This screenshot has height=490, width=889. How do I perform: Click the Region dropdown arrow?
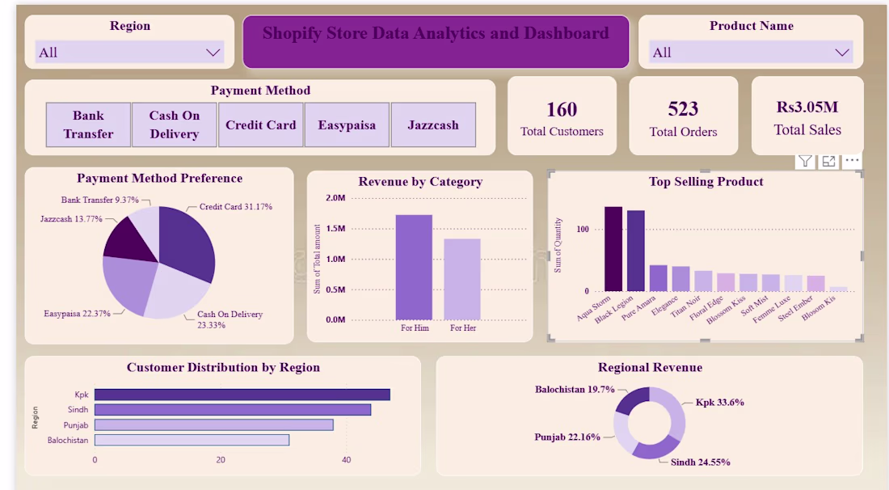pos(213,53)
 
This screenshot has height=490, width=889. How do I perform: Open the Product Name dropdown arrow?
pos(842,53)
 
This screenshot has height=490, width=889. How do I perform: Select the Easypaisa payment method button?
pos(347,125)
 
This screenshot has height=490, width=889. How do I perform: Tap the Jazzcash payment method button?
pos(433,125)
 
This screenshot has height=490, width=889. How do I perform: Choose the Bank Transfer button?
pos(88,125)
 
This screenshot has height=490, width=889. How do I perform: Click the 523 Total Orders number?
pos(683,108)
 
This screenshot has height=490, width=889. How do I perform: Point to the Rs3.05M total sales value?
pos(807,108)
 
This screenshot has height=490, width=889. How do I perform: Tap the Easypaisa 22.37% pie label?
pos(77,314)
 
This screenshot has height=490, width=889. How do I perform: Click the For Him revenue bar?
pos(414,267)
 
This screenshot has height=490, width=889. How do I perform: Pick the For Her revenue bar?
pos(462,279)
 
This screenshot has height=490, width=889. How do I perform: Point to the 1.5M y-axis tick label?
pos(335,229)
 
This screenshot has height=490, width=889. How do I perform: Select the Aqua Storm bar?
pos(613,249)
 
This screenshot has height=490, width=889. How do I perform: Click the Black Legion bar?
pos(635,251)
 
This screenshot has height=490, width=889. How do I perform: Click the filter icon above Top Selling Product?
pos(804,162)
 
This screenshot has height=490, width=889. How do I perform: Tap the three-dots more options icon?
pos(852,161)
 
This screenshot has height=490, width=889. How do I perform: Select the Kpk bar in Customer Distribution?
pos(242,395)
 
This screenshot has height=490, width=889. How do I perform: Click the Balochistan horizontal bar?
pos(192,440)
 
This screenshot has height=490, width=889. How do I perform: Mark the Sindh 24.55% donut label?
pos(700,463)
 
